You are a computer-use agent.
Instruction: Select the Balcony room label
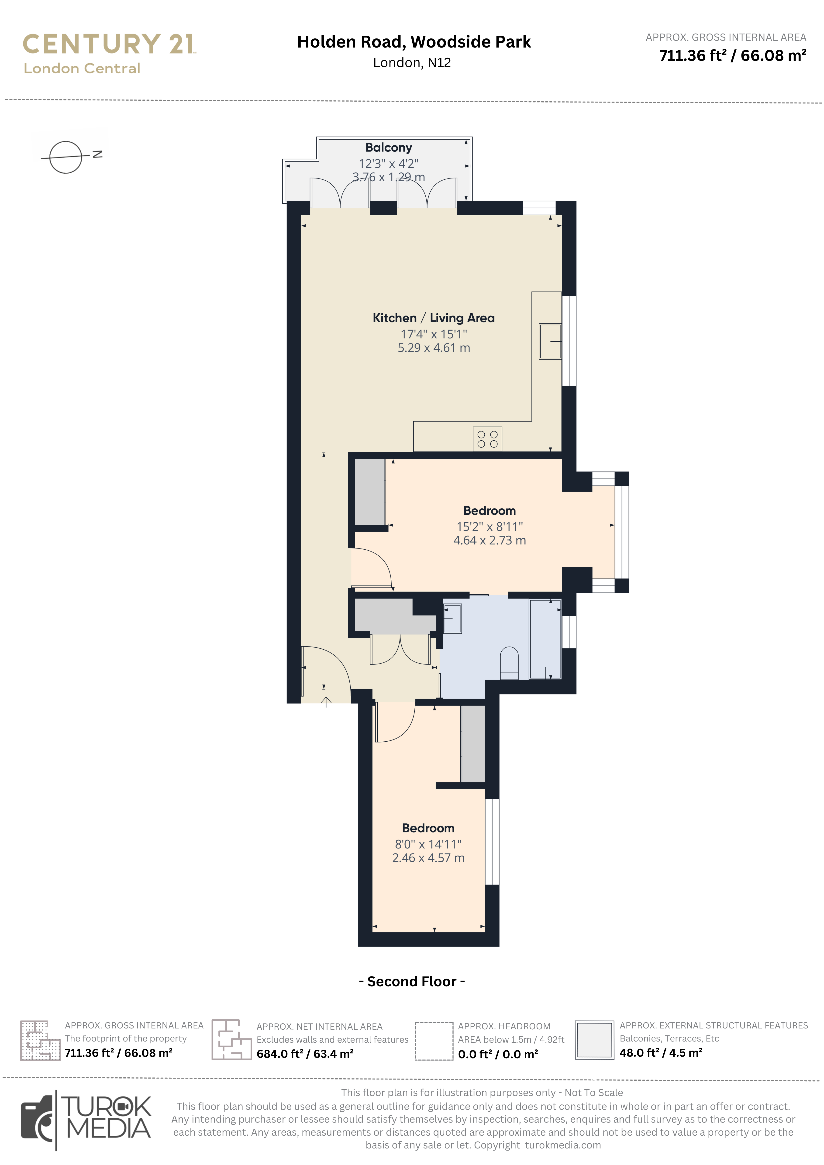click(388, 148)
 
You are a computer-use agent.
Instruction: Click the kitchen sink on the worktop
click(550, 342)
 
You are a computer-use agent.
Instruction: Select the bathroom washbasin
click(452, 619)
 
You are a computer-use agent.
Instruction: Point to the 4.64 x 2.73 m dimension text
click(490, 540)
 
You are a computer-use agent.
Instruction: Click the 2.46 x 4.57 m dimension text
click(428, 858)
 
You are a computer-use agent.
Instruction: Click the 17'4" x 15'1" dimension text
click(434, 334)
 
